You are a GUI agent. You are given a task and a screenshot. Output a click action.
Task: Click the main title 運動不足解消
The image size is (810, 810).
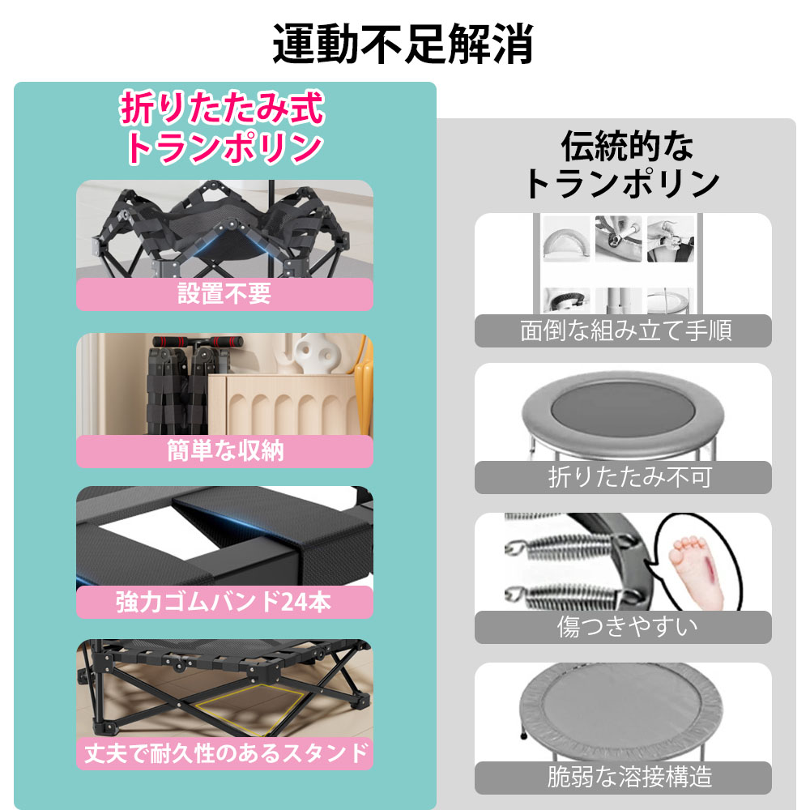[x=403, y=44]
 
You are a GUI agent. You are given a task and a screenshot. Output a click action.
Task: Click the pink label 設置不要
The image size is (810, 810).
[x=224, y=294]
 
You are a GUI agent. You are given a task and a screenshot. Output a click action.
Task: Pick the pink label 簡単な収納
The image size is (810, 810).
[x=224, y=450]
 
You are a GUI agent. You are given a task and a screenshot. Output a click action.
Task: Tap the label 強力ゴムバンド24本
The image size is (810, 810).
[x=224, y=602]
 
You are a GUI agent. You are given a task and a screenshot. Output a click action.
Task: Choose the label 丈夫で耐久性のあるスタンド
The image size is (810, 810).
[x=224, y=754]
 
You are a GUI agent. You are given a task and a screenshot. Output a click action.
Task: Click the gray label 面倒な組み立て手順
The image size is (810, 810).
[x=622, y=330]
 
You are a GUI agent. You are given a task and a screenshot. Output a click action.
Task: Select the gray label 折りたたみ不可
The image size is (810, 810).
[x=622, y=477]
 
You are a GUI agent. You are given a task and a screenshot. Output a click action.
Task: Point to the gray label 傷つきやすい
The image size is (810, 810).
[x=622, y=626]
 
